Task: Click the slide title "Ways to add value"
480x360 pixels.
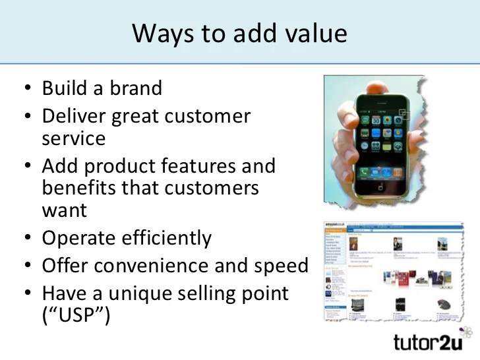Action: pyautogui.click(x=239, y=33)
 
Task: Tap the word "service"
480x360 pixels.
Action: pyautogui.click(x=73, y=139)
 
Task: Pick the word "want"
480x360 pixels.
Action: pyautogui.click(x=64, y=211)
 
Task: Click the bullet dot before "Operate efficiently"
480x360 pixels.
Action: pyautogui.click(x=27, y=238)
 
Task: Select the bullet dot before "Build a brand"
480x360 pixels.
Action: pyautogui.click(x=27, y=88)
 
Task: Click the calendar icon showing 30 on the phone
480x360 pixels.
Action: pyautogui.click(x=376, y=121)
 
